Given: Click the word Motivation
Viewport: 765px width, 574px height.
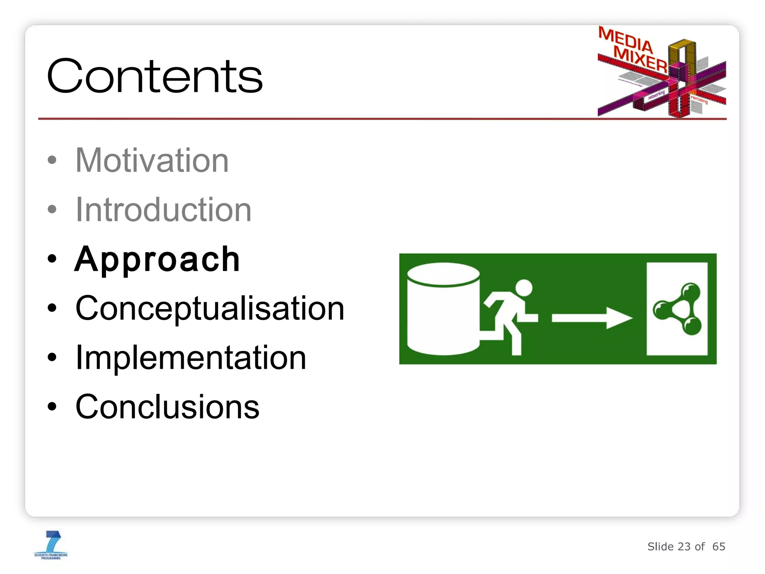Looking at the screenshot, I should (152, 160).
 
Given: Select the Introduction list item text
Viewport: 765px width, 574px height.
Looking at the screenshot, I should (163, 210).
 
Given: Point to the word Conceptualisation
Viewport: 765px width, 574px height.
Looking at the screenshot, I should (210, 308).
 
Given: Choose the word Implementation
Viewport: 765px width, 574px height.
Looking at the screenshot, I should (191, 358).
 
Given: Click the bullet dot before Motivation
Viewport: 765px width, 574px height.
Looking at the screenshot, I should (52, 160).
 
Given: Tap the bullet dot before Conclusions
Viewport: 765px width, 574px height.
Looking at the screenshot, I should (52, 407).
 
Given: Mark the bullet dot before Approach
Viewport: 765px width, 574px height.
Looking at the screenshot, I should (52, 259).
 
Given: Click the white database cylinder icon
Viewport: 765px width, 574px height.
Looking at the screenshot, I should (443, 309).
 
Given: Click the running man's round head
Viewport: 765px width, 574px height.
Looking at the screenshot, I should (524, 288).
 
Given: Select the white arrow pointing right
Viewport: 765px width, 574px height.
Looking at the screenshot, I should (592, 318).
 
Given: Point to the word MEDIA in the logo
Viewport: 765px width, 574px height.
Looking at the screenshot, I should (625, 40).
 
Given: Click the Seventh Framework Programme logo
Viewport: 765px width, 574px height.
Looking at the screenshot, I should (51, 545).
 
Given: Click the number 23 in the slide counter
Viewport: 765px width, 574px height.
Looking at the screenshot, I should (684, 547).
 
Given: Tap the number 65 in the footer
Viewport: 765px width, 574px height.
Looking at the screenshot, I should (718, 547).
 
